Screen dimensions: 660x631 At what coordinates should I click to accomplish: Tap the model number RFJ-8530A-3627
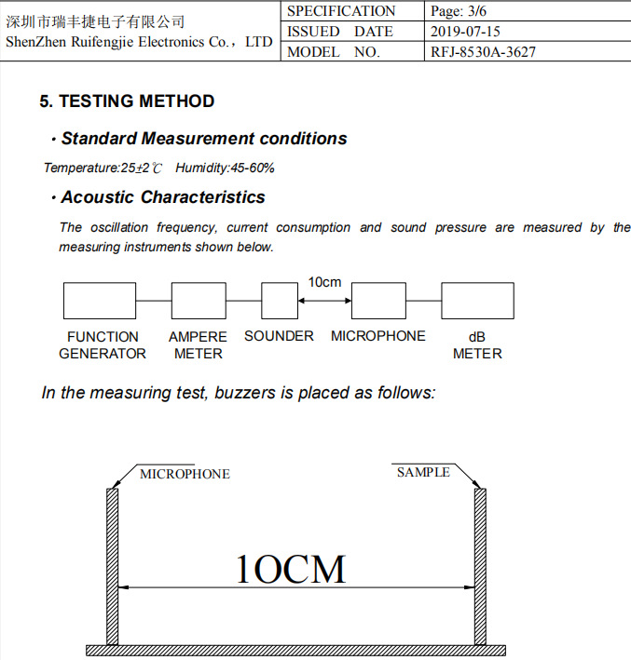(x=483, y=52)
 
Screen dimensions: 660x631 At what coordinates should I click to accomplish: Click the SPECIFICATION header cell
(x=341, y=11)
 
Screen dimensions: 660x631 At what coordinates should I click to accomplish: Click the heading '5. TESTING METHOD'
(x=127, y=101)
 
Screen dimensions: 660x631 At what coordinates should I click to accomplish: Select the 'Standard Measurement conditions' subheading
(x=203, y=139)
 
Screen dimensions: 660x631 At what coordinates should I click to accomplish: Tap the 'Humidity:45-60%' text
(x=225, y=168)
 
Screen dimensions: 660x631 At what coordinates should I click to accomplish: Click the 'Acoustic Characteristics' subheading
(x=163, y=197)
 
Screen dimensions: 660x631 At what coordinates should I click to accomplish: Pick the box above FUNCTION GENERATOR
(x=100, y=301)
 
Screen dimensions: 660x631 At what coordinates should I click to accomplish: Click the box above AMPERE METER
(x=198, y=301)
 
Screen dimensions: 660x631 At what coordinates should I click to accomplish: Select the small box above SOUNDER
(x=280, y=301)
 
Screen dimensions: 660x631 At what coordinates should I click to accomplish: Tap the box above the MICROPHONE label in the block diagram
(x=377, y=301)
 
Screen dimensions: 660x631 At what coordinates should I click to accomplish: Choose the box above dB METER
(x=477, y=301)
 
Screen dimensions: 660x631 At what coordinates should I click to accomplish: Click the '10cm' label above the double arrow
(x=324, y=282)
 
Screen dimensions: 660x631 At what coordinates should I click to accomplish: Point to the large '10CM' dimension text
(x=290, y=568)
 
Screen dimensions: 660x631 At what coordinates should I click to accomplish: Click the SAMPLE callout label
(x=423, y=473)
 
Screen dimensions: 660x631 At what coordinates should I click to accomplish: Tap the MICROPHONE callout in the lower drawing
(x=185, y=474)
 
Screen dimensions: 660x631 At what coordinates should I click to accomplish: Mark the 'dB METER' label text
(x=477, y=345)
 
